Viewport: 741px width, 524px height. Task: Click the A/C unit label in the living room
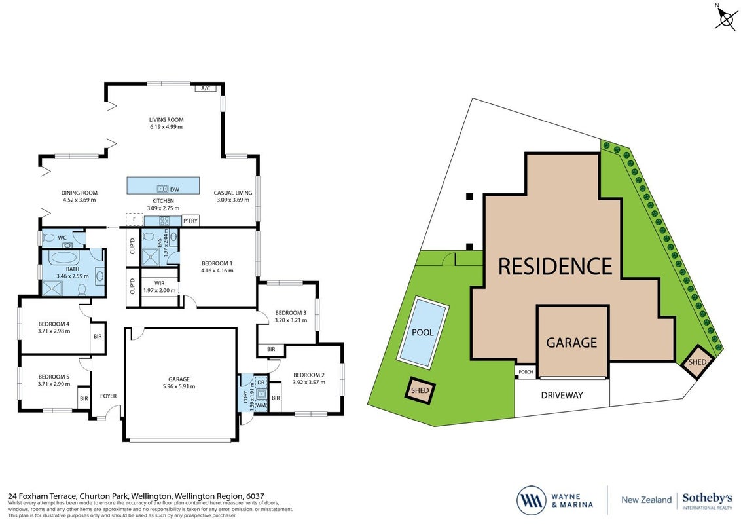205,88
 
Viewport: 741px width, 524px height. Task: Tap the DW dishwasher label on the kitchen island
175,190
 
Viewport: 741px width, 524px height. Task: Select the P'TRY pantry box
190,220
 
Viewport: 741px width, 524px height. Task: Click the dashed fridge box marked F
134,220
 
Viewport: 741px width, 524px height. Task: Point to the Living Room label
166,120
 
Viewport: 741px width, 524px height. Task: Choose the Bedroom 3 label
291,312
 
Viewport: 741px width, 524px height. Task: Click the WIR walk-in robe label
159,283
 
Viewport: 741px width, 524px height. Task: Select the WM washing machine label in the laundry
261,405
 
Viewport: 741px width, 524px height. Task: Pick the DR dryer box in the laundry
261,382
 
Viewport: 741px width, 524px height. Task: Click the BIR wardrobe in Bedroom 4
98,337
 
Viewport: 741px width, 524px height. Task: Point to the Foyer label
108,396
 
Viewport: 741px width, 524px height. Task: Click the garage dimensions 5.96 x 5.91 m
179,386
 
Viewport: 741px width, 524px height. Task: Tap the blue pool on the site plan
422,333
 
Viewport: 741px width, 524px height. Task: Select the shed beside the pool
420,390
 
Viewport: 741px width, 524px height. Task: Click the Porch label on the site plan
526,372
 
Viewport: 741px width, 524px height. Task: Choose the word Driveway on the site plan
562,396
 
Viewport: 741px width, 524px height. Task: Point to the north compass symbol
725,18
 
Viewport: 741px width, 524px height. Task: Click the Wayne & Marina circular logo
531,500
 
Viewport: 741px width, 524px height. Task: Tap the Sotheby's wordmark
707,498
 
